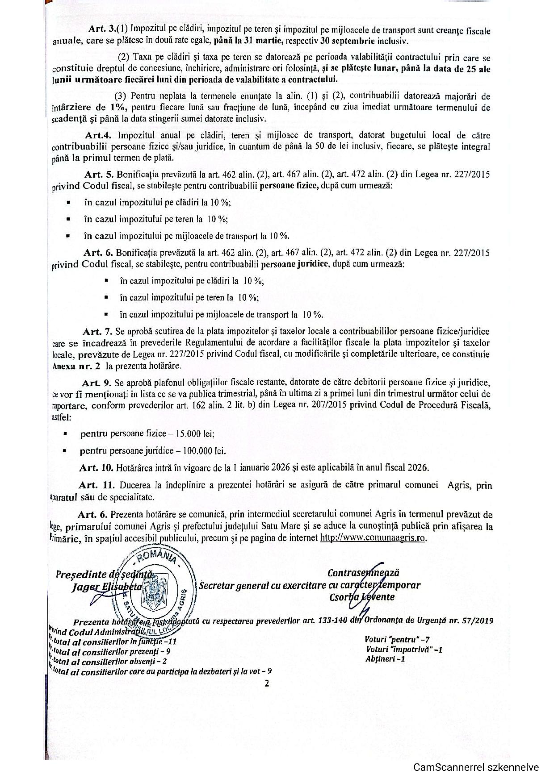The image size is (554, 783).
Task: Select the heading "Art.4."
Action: [x=97, y=135]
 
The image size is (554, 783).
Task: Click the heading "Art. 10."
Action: [x=96, y=467]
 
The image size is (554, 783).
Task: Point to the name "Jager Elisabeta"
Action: [x=107, y=587]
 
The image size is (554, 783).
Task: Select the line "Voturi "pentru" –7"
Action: [x=397, y=639]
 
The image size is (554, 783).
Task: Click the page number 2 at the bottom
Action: [x=267, y=683]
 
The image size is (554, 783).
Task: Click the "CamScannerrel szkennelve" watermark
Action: [x=476, y=767]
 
